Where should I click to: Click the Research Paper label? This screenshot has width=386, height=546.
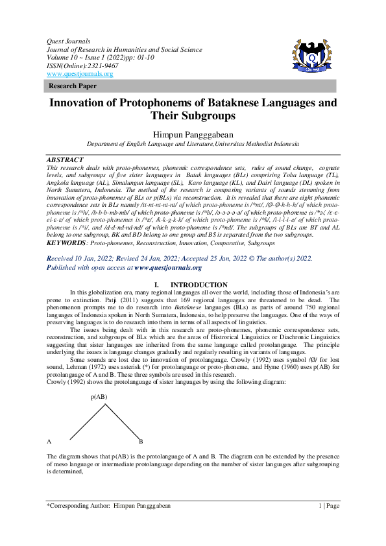pos(73,86)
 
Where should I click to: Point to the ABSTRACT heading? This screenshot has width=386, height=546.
pos(66,160)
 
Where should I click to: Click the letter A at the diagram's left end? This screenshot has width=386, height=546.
pos(49,441)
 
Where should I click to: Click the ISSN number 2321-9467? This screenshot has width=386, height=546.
pos(94,65)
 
